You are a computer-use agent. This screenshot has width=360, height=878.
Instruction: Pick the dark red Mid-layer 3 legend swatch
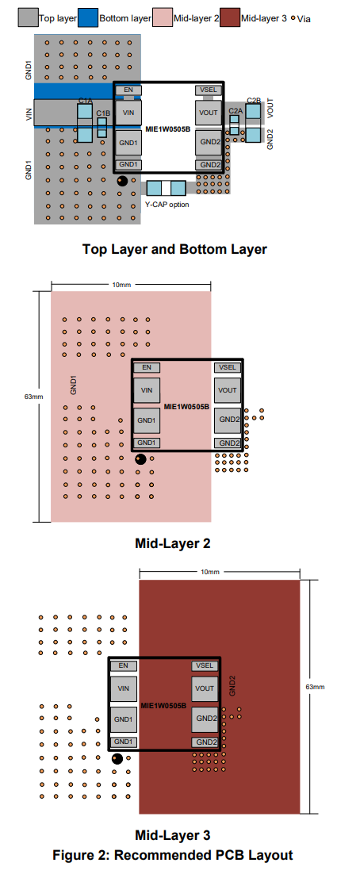click(231, 17)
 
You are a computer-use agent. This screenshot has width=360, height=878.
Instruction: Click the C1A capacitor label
click(85, 101)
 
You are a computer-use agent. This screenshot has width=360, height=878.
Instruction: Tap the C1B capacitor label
click(103, 113)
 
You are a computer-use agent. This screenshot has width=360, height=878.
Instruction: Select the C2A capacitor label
click(236, 111)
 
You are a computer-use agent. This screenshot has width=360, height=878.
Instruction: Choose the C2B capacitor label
click(254, 100)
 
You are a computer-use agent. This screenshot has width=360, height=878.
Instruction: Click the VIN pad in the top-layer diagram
click(128, 113)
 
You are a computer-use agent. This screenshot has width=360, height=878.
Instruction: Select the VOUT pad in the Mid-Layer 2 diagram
click(228, 390)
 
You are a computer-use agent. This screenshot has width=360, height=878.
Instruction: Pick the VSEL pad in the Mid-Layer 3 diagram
click(204, 665)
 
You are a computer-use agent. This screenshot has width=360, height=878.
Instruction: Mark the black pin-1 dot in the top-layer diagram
click(121, 181)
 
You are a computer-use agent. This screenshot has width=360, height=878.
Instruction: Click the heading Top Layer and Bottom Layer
click(174, 249)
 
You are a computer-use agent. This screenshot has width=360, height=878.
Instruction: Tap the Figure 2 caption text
click(173, 855)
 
